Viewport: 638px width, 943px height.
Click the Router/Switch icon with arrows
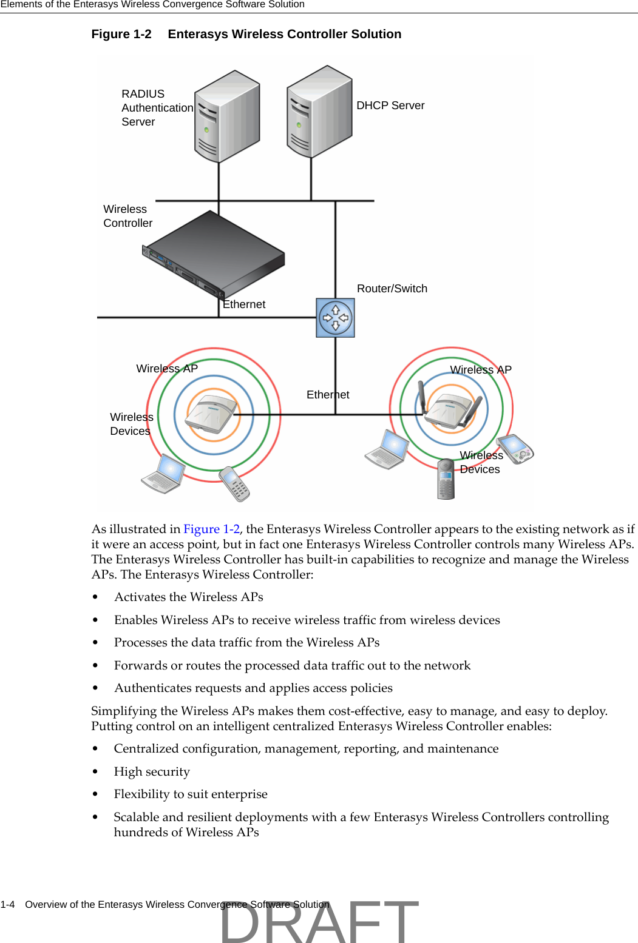pos(335,318)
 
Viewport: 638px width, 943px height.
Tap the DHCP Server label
pos(390,106)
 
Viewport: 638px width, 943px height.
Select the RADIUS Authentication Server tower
pos(227,116)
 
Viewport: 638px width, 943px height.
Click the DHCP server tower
pos(319,112)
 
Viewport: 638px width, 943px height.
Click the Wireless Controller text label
pos(127,216)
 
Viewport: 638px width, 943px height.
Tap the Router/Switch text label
pos(392,289)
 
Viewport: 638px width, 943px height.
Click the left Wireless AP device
pos(212,415)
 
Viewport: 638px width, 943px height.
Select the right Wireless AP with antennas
pos(450,409)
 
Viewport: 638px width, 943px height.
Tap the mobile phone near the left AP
pos(235,483)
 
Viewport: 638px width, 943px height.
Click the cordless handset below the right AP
pos(446,479)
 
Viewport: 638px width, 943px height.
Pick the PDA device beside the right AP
pos(515,449)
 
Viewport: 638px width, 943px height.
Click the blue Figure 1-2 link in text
pos(211,529)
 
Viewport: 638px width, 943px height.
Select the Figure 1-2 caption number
pos(121,35)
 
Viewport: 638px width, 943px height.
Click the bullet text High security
pos(152,771)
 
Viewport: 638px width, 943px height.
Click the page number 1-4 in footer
pos(7,904)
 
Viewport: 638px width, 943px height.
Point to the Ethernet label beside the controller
pos(244,304)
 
